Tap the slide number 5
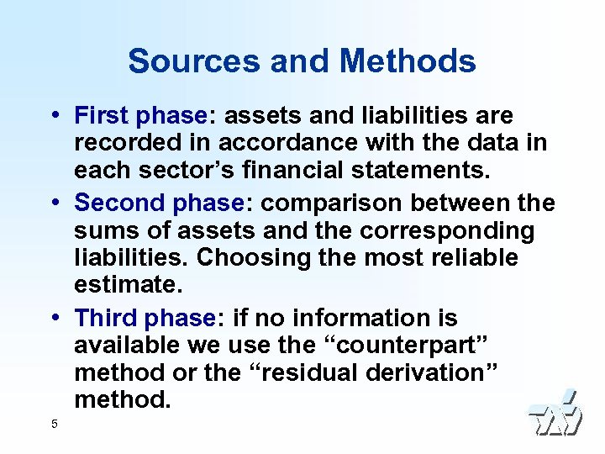coord(54,424)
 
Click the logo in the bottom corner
coord(554,414)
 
